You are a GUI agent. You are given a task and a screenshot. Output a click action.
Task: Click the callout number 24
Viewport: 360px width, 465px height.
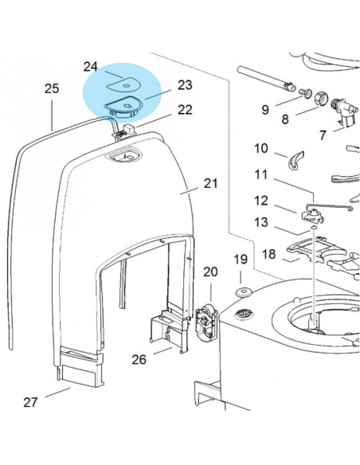[x=90, y=66]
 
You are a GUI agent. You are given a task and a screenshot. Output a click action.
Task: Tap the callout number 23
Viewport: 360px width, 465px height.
[x=185, y=84]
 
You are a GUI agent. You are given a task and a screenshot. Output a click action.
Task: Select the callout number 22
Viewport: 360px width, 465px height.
[x=185, y=110]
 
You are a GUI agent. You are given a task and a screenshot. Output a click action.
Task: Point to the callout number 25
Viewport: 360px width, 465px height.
[x=52, y=89]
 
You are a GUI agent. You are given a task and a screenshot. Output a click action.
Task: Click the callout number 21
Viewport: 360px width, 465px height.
[x=210, y=183]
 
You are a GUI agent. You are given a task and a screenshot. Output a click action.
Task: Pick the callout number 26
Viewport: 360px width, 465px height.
[x=139, y=359]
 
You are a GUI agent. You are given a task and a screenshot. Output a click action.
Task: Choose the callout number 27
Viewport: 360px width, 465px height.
[x=30, y=402]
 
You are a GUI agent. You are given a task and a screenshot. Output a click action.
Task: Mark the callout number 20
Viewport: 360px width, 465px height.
[x=209, y=272]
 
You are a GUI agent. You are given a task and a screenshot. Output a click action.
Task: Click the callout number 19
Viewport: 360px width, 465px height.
[x=241, y=260]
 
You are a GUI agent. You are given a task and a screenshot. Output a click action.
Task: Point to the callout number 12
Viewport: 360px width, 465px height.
[x=262, y=200]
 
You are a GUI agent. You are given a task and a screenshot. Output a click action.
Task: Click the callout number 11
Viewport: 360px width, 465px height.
[x=262, y=174]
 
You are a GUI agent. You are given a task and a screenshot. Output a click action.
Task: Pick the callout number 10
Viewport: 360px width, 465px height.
[x=262, y=148]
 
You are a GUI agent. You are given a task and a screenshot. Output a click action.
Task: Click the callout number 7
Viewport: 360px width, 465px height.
[x=323, y=135]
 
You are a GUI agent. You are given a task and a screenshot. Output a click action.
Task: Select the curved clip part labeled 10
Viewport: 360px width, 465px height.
[x=294, y=160]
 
